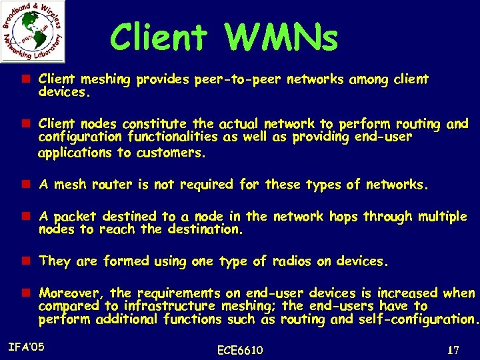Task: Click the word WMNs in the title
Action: (283, 38)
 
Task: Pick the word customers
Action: (171, 153)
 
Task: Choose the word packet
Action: (75, 217)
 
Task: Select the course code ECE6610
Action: (240, 350)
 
